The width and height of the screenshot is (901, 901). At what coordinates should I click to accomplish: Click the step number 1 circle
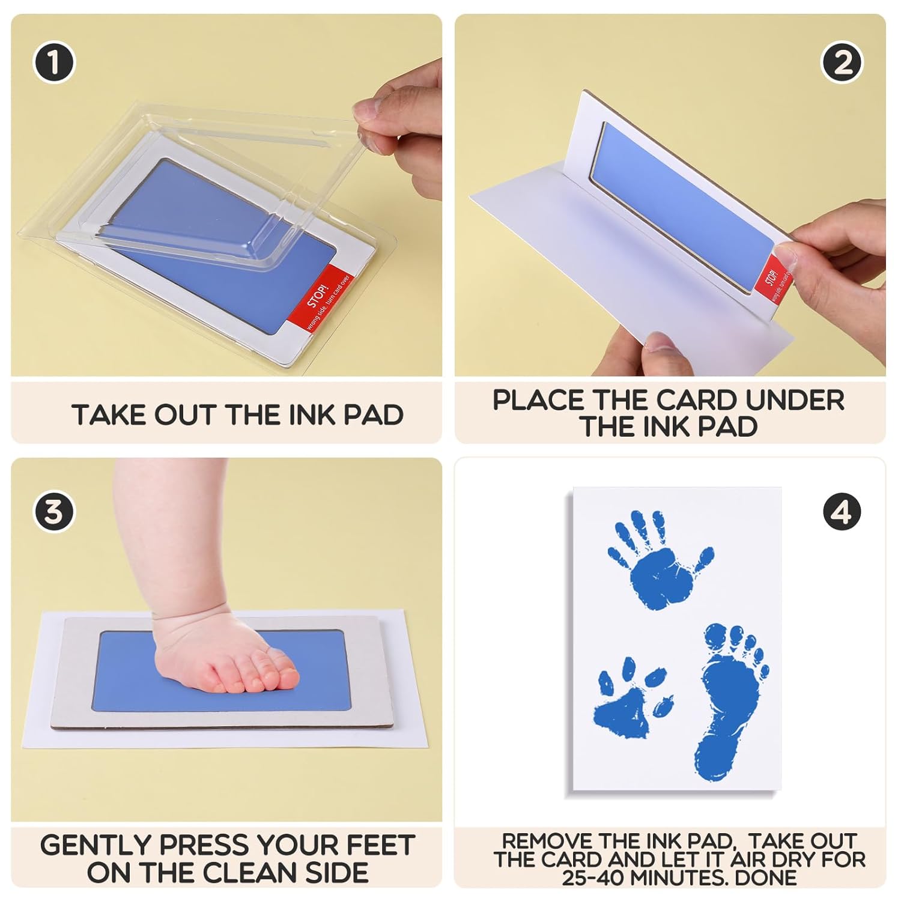54,62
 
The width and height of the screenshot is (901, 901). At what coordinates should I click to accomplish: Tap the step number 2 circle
842,62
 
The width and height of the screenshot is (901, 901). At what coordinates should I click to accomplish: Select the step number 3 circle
54,512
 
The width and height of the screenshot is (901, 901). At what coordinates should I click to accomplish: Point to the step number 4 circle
842,512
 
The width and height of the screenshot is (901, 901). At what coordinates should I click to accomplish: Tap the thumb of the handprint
703,559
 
